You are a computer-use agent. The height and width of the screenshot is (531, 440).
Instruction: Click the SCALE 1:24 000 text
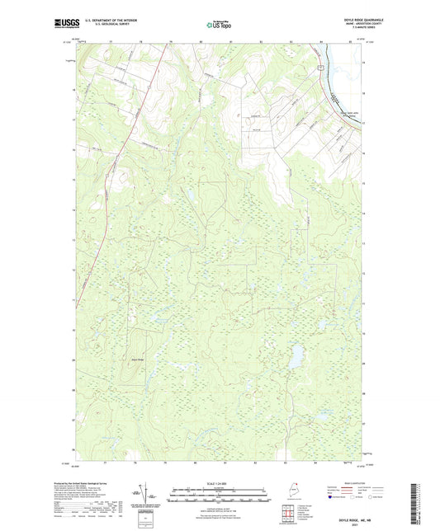click(220, 482)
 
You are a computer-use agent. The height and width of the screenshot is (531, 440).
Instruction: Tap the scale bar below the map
click(220, 496)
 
